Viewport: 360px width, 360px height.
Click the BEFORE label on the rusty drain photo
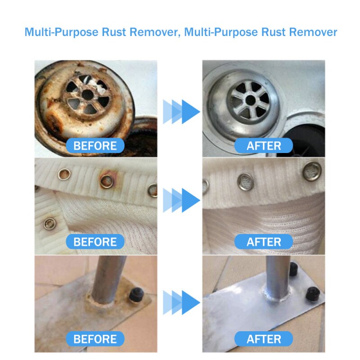[95, 145]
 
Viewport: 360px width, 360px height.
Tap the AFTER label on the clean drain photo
[264, 145]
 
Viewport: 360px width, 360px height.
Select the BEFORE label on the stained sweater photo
[95, 242]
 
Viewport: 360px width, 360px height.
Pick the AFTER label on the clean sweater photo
[264, 242]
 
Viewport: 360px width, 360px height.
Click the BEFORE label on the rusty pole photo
[95, 338]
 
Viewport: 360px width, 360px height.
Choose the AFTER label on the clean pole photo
[264, 338]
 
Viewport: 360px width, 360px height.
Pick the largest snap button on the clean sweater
[313, 170]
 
